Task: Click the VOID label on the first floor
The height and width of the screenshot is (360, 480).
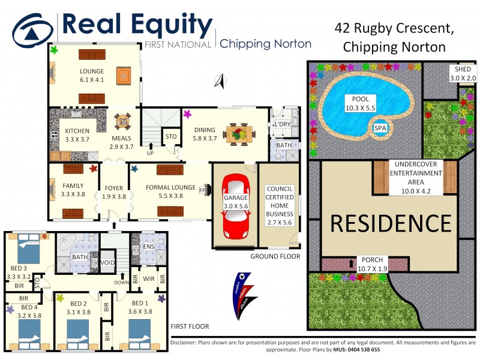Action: pyautogui.click(x=107, y=263)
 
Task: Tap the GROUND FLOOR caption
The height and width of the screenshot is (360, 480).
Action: pyautogui.click(x=276, y=257)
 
